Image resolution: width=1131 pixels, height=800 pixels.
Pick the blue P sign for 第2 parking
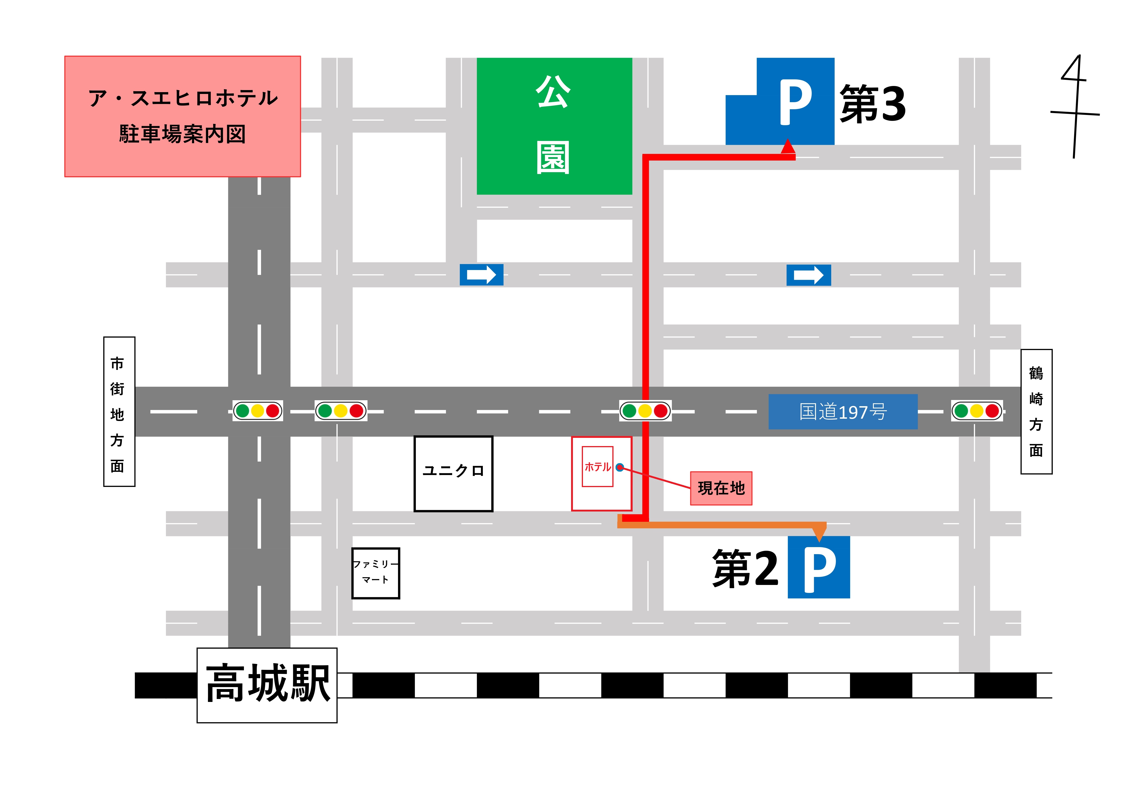click(x=819, y=567)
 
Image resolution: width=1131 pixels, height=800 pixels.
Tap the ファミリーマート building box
click(x=375, y=573)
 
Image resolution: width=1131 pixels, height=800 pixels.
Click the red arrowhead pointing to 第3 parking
click(x=788, y=146)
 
